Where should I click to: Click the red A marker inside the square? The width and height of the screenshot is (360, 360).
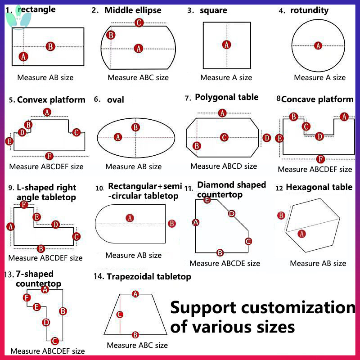[227, 45]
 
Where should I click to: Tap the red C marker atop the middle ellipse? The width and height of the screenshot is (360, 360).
[139, 22]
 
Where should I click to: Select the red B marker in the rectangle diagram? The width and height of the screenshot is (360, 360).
[50, 46]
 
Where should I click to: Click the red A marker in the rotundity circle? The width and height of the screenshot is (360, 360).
[318, 45]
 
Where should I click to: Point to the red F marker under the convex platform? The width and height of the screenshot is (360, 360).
[49, 156]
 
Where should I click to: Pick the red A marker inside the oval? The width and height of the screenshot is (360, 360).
[118, 137]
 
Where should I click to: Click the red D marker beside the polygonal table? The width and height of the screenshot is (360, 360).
[267, 138]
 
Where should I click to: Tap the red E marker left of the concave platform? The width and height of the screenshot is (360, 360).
[279, 138]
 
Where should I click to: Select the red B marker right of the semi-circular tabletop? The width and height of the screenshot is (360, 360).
[171, 224]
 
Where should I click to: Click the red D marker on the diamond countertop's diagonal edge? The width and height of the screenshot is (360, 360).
[232, 214]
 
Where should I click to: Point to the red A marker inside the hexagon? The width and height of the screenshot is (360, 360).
[302, 233]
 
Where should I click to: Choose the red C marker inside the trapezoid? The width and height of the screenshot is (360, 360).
[120, 315]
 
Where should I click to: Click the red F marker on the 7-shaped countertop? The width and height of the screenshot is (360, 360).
[27, 297]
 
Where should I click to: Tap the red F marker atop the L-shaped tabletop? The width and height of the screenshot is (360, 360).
[24, 205]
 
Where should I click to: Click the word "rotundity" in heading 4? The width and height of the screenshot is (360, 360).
[309, 10]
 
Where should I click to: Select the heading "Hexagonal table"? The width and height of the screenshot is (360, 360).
[319, 187]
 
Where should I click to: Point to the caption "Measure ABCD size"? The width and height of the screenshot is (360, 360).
[224, 166]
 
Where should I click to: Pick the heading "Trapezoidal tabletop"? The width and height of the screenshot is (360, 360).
[148, 276]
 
